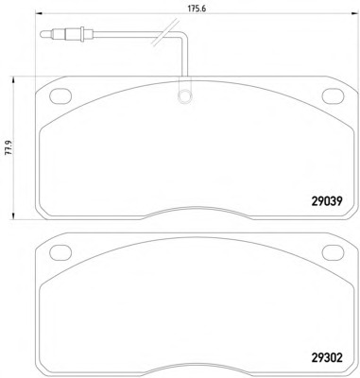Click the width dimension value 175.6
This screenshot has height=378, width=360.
click(x=197, y=9)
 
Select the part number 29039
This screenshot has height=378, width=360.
click(x=327, y=201)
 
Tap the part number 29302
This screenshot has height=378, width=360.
click(x=327, y=358)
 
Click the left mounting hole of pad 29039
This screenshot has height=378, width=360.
click(x=60, y=95)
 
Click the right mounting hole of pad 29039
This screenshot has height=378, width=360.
click(x=333, y=95)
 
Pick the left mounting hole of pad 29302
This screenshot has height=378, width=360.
click(x=60, y=252)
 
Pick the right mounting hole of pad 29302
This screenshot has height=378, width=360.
click(x=333, y=252)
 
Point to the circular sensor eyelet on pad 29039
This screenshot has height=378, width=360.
click(x=184, y=95)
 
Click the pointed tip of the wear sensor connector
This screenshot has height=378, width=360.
click(x=41, y=34)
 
